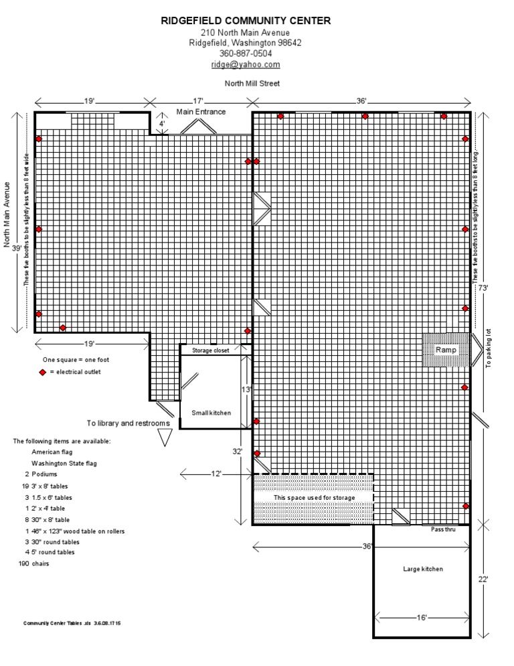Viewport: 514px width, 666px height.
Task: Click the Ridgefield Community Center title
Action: coord(246,21)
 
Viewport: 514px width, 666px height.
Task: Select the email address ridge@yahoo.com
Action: coord(246,64)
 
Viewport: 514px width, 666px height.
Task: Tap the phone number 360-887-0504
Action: coord(246,54)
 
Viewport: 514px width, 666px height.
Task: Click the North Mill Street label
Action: coord(252,83)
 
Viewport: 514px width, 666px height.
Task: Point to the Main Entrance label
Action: coord(201,112)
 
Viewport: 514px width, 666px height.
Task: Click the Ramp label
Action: coord(445,350)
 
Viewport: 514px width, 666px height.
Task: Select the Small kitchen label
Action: coord(211,413)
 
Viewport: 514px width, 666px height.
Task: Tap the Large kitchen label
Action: coord(422,569)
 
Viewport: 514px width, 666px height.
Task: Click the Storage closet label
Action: coord(211,350)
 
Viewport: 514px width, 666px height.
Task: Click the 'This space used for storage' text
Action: coord(313,498)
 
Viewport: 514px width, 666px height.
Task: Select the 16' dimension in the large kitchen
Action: coord(422,617)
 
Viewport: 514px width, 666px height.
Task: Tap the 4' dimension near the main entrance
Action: coord(161,123)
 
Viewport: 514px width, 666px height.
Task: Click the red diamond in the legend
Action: coord(42,372)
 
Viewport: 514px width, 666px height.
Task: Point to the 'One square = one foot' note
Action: coord(76,360)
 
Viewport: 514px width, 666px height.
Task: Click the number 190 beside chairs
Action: coord(25,563)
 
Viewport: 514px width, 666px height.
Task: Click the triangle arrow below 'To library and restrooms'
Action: coord(164,438)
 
